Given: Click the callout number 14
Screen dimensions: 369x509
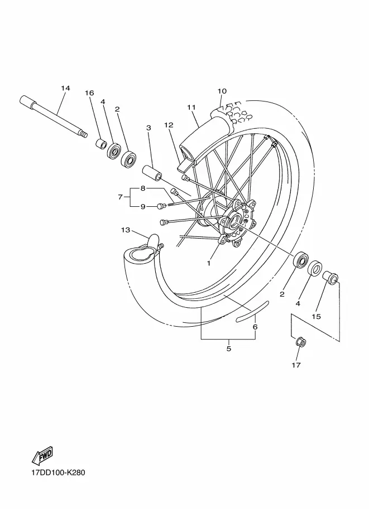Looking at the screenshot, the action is (65, 88).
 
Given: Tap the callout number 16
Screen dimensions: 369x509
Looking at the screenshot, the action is (89, 93).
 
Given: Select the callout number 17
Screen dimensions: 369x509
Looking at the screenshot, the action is (296, 365).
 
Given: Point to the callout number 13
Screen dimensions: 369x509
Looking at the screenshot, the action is (126, 230).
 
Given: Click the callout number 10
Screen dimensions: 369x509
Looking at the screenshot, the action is (222, 91).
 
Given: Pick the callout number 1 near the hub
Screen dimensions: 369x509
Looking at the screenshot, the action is (209, 263).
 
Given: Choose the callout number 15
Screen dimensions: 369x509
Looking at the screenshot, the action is (316, 316).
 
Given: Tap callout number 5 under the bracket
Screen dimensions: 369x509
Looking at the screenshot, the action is (228, 348).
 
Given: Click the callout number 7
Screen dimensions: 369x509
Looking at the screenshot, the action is (120, 197).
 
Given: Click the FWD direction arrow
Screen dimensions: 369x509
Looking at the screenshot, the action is (42, 455).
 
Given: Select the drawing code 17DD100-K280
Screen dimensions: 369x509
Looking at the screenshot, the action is (58, 472).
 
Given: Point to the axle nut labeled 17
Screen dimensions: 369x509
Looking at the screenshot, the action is (300, 342).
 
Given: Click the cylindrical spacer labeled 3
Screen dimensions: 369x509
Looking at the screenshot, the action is (152, 172).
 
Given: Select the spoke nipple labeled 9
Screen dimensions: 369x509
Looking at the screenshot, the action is (161, 206).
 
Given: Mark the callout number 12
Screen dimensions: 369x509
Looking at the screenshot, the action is (169, 125).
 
